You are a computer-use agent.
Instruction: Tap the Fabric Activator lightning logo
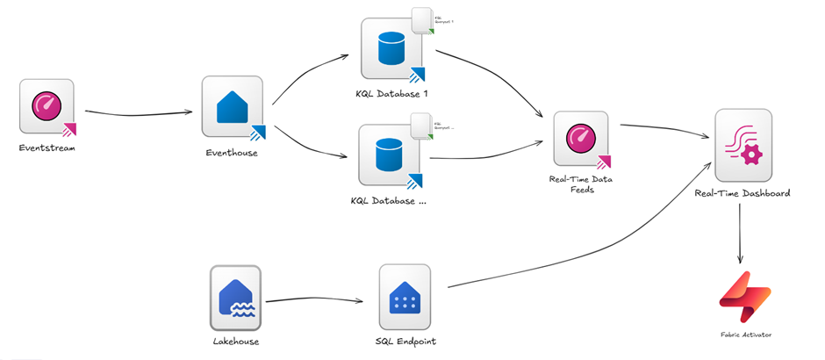[744, 296]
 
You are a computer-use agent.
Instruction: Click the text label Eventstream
[47, 148]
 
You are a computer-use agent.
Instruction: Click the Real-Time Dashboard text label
[742, 192]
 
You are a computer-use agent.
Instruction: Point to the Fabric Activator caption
[744, 335]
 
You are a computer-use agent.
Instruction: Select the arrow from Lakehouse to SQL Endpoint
[313, 301]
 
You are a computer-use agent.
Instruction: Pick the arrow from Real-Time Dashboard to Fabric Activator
[742, 232]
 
